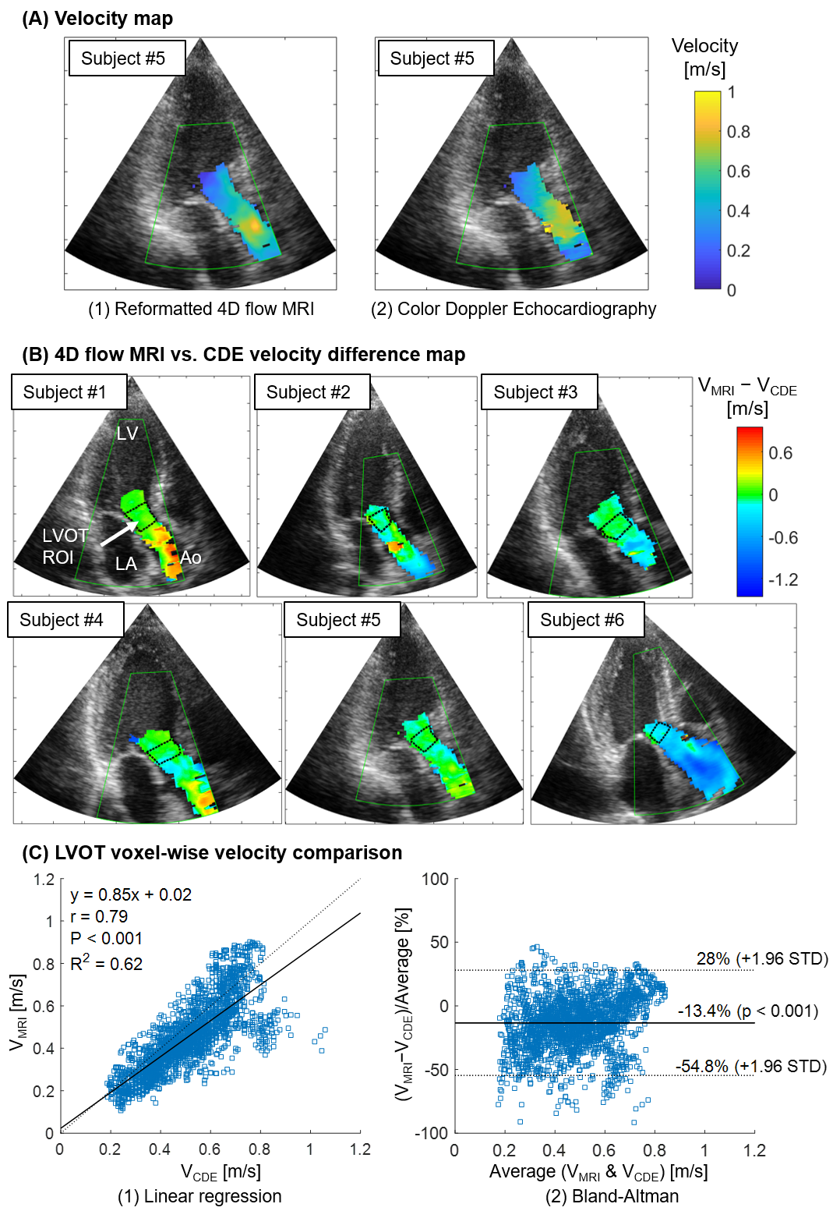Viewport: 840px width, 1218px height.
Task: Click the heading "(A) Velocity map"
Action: [x=97, y=19]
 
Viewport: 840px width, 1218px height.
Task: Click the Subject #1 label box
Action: [x=69, y=391]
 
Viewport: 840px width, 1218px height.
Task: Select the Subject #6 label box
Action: [x=586, y=620]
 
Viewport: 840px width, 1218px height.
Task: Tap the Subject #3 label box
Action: [x=539, y=391]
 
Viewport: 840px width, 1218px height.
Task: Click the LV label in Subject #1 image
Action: [x=127, y=434]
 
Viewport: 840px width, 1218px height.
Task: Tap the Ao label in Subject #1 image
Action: [x=191, y=558]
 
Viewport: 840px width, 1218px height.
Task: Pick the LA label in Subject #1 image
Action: [x=125, y=564]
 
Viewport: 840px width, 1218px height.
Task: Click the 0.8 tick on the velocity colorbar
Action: [x=738, y=132]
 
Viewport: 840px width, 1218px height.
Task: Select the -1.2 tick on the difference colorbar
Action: [x=783, y=579]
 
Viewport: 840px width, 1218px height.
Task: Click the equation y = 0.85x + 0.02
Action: [x=131, y=894]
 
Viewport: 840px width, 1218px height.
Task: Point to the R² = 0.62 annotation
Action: [x=107, y=964]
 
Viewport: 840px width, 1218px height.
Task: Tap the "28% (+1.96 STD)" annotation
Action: [x=762, y=958]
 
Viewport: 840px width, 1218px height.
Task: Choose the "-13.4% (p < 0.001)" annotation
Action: [x=747, y=1011]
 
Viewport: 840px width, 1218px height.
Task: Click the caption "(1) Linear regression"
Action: [x=199, y=1196]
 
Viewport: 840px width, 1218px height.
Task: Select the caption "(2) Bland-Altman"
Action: [x=612, y=1196]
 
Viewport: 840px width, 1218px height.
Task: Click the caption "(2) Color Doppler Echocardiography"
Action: [x=514, y=309]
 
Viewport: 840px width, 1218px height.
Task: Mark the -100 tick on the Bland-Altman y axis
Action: [x=435, y=1133]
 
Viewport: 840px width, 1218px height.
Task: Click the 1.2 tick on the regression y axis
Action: [x=44, y=880]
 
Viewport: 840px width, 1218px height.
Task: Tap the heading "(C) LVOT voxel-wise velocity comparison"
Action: [x=212, y=852]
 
